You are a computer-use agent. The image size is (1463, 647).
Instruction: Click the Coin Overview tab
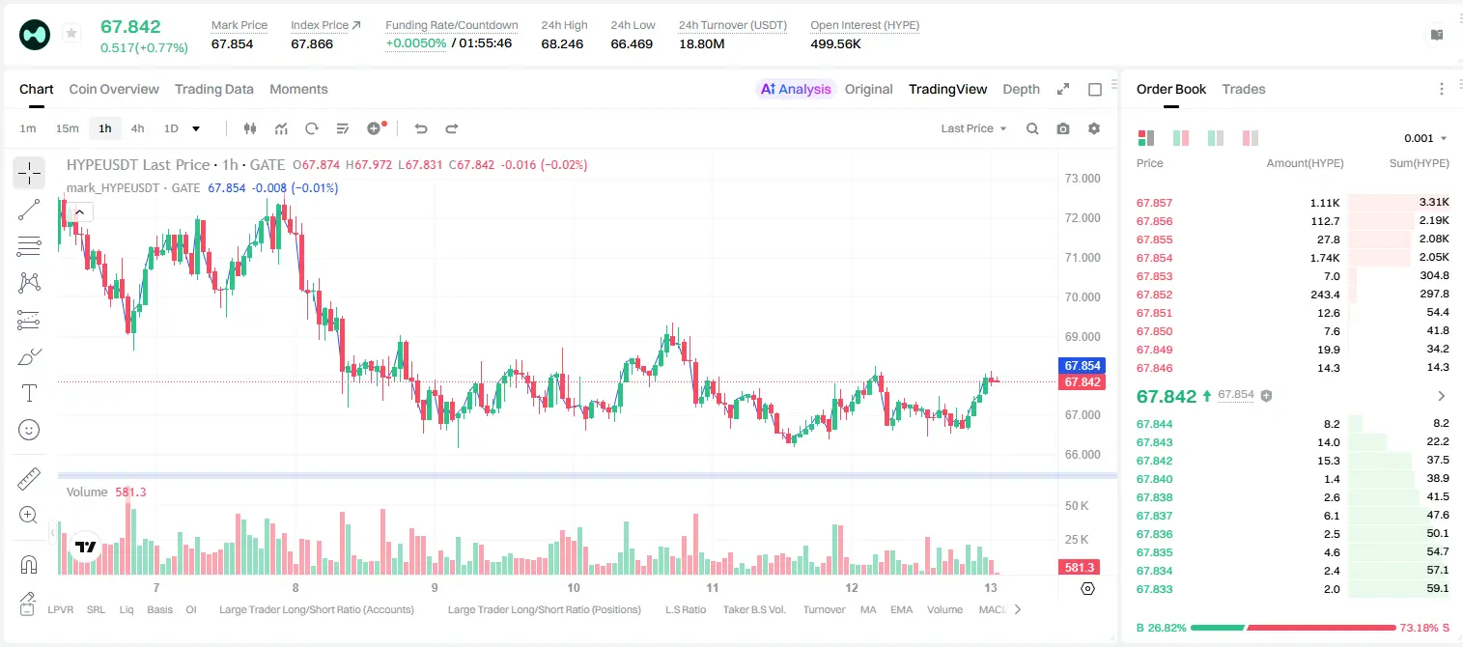coord(114,89)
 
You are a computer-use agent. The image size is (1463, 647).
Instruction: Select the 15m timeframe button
coord(67,128)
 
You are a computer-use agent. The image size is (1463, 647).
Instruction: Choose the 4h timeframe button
coord(137,128)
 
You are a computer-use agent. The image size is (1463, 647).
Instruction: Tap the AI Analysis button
coord(796,89)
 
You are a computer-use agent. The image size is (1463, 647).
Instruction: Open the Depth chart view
coord(1021,89)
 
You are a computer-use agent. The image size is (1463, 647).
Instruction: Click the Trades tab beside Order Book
coord(1244,89)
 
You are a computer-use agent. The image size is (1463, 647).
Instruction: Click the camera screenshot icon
coord(1063,128)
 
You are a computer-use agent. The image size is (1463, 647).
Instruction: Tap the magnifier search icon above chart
coord(1032,128)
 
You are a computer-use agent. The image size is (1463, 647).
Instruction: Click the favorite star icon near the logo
coord(71,33)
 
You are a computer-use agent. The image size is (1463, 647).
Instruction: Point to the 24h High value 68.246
coord(562,43)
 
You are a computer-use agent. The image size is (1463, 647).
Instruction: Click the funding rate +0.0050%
coord(415,43)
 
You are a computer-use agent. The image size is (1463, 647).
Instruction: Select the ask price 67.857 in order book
coord(1154,203)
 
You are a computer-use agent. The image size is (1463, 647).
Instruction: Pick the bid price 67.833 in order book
coord(1154,589)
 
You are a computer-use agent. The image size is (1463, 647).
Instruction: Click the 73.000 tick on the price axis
coord(1083,179)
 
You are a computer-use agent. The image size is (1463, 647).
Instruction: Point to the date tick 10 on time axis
coord(573,587)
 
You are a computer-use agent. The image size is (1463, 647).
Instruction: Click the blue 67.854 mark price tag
coord(1082,366)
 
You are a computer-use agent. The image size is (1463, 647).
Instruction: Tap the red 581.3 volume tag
coord(1079,568)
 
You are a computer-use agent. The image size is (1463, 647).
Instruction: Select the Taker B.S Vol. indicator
coord(753,609)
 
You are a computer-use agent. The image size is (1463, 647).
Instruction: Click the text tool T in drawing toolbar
coord(29,393)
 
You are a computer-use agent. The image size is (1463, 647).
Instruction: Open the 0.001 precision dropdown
coord(1425,138)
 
